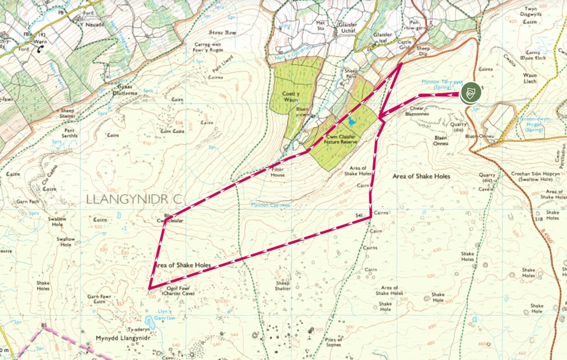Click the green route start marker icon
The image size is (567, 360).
(470, 93)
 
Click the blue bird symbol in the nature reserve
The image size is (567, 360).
(351, 121)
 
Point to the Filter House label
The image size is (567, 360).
(281, 172)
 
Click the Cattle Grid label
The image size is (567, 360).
(404, 45)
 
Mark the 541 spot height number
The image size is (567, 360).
(359, 215)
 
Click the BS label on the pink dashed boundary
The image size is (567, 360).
(43, 325)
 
